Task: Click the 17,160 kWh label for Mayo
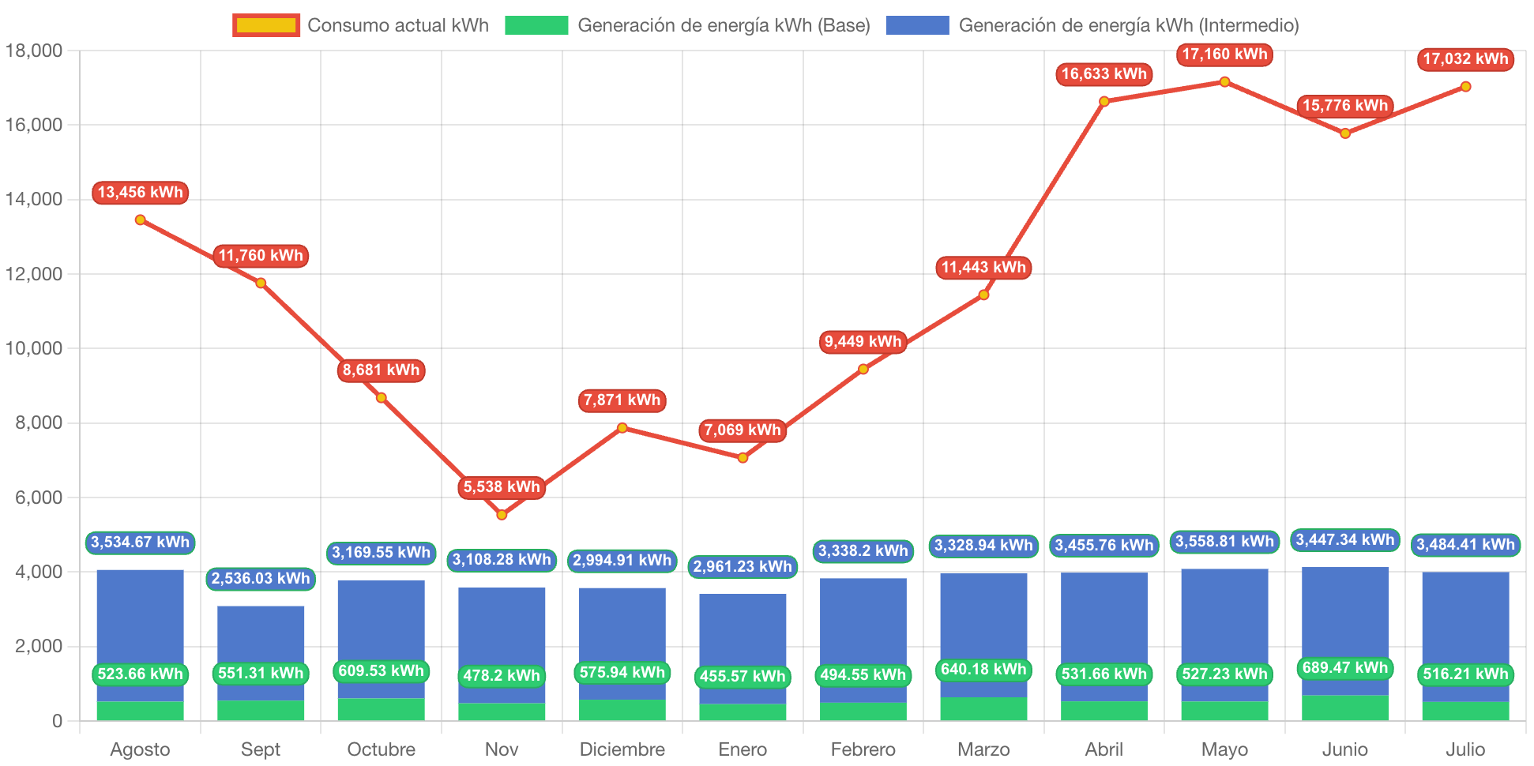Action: point(1224,54)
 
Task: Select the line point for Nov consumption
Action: point(502,515)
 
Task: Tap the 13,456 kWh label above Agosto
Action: point(140,193)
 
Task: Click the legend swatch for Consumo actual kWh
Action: point(266,25)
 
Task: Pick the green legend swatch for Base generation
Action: point(536,25)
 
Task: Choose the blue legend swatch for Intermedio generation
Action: point(917,25)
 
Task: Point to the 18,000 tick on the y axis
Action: point(34,51)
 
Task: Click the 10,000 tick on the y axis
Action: point(34,348)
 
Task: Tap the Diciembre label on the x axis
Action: point(622,749)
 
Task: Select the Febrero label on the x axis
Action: point(863,749)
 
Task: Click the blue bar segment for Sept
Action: point(261,632)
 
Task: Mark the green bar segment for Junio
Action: point(1345,708)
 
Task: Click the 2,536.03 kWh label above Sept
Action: point(261,579)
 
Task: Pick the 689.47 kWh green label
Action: point(1345,668)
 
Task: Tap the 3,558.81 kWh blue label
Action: point(1224,542)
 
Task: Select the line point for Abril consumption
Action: point(1104,101)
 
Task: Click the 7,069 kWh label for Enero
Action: point(743,430)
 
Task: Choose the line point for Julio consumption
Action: point(1465,87)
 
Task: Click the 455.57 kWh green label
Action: point(743,677)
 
